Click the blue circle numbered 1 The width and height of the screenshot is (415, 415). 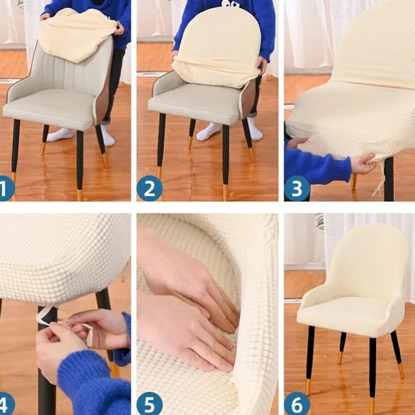[6, 188]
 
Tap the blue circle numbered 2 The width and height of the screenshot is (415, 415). [150, 188]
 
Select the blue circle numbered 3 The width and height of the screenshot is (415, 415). [297, 188]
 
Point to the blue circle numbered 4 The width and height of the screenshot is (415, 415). [6, 405]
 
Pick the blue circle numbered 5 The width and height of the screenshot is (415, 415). [150, 405]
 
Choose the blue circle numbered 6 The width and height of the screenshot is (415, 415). [297, 405]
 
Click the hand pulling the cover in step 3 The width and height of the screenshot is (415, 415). [363, 164]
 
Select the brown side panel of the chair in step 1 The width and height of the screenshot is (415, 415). [105, 87]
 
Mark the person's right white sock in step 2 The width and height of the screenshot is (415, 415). [208, 131]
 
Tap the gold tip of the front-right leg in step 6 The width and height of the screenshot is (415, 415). [373, 406]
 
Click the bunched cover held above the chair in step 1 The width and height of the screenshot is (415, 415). [77, 35]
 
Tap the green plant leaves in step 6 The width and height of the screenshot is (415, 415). [320, 221]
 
